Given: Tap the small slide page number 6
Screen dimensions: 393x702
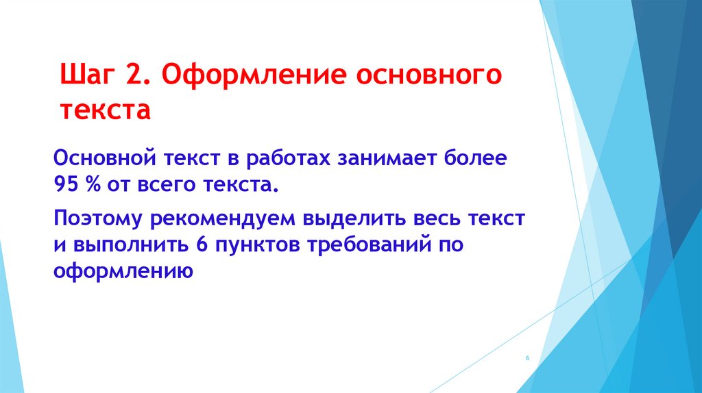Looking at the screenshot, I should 528,359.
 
